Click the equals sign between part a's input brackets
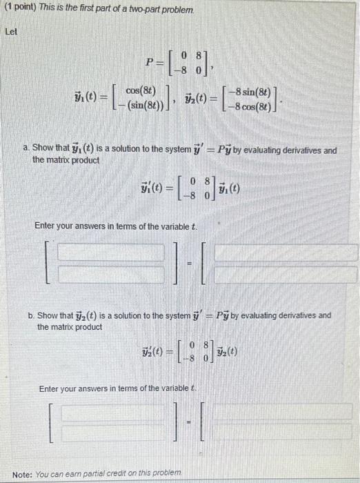point(197,263)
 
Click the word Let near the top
point(11,32)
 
